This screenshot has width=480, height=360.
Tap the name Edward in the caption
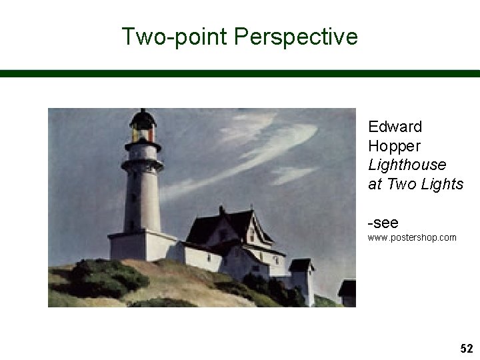[x=395, y=127]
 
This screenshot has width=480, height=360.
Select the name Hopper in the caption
[x=394, y=145]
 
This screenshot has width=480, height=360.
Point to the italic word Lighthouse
[x=407, y=165]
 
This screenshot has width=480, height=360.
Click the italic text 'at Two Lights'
[x=415, y=184]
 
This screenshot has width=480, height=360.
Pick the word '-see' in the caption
[x=383, y=223]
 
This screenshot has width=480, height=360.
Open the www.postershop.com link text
[x=412, y=237]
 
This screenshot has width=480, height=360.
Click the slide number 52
[x=466, y=349]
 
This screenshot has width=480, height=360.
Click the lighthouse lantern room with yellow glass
[x=143, y=133]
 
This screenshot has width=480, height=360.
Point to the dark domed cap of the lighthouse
[x=143, y=119]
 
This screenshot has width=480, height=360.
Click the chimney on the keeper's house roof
[x=222, y=210]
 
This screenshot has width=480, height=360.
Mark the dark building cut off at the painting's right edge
[x=347, y=293]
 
